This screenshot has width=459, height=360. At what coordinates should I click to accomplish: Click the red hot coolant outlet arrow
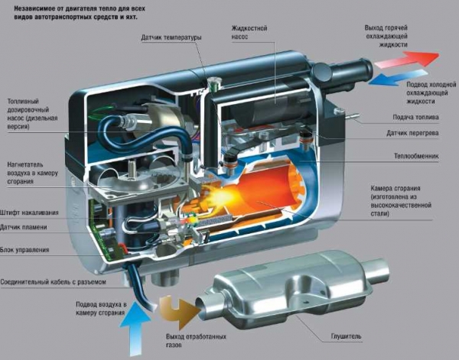[x=407, y=59]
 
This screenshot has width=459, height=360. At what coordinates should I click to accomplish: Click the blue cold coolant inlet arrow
[x=396, y=77]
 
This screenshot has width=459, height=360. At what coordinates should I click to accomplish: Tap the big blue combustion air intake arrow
[x=135, y=328]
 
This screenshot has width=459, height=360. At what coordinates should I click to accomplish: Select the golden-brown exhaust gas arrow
[x=178, y=312]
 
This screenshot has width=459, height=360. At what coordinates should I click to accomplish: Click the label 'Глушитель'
[x=346, y=336]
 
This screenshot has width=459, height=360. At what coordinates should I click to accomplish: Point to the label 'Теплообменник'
[x=416, y=156]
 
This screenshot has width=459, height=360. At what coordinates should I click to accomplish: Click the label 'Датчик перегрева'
[x=412, y=133]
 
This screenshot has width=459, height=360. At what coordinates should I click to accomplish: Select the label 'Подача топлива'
[x=415, y=117]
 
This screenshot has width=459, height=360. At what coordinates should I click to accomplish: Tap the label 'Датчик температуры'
[x=171, y=37]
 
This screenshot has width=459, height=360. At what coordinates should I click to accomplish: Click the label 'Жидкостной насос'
[x=249, y=32]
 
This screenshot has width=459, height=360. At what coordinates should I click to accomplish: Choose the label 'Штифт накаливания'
[x=29, y=212]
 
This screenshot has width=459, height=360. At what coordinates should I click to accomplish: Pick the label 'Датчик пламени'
[x=24, y=227]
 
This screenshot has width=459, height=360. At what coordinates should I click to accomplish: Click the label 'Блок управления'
[x=24, y=250]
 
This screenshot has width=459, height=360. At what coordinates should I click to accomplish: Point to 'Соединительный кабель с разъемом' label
[x=53, y=282]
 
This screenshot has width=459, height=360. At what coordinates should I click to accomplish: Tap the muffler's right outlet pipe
[x=378, y=270]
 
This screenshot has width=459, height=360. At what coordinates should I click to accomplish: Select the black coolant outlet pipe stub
[x=351, y=70]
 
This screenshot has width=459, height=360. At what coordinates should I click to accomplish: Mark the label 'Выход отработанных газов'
[x=196, y=341]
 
